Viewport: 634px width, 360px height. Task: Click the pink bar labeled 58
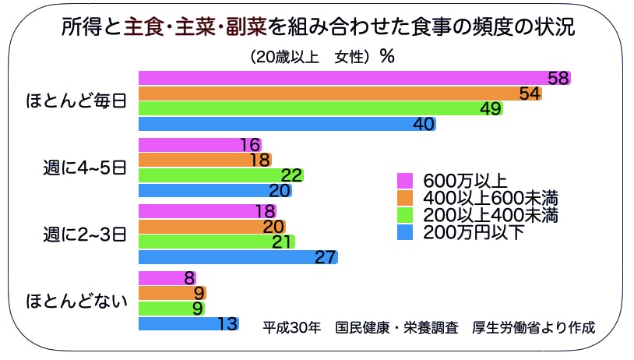point(354,78)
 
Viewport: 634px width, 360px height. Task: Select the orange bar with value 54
point(340,94)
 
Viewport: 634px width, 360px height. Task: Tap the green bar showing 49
point(320,108)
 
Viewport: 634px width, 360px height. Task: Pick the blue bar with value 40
point(287,123)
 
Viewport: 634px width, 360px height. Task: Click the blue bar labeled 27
point(238,257)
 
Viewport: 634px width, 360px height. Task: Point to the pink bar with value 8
point(167,278)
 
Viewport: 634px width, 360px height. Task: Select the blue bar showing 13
point(188,323)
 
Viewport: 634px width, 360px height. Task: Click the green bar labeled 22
point(220,175)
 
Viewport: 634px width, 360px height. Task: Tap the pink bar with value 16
point(199,145)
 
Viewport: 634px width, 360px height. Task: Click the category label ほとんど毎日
point(76,101)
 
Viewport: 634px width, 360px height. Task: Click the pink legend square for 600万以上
point(403,179)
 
